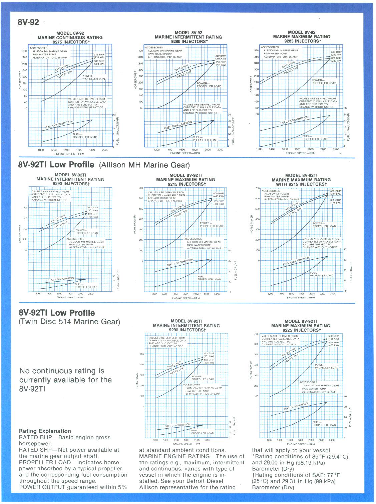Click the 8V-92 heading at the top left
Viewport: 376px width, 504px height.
tap(28, 22)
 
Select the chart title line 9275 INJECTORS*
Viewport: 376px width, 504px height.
tap(71, 42)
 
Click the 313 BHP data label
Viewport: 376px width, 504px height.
tap(99, 54)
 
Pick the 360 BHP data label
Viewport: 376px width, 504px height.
tap(220, 56)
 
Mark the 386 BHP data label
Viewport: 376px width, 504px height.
tap(336, 52)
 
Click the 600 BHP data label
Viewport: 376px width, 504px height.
tap(219, 193)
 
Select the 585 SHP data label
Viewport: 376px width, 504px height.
tap(219, 201)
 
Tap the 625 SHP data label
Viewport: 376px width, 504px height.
tap(334, 342)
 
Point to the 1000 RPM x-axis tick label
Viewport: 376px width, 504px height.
tap(41, 150)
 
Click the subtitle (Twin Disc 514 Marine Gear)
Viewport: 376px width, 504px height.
tap(69, 322)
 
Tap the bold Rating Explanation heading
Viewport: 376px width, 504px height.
tap(45, 431)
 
